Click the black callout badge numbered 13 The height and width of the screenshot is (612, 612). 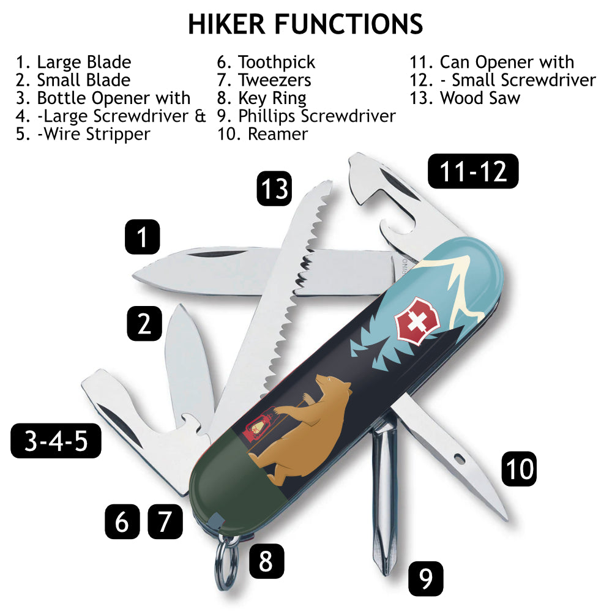[x=274, y=188]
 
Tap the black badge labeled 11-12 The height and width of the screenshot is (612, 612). [x=473, y=171]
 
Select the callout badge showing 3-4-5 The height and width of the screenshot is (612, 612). [x=56, y=441]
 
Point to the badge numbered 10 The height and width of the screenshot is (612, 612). [x=519, y=469]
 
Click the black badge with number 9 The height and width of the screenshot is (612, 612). [x=425, y=578]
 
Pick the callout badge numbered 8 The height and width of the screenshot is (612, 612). [x=266, y=561]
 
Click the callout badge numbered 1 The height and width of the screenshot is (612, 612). [x=143, y=237]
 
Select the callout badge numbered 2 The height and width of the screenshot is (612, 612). [x=144, y=323]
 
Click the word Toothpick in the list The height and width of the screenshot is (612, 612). [x=277, y=62]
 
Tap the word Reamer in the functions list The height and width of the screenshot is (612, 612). [x=277, y=133]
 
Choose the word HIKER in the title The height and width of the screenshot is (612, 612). [x=227, y=24]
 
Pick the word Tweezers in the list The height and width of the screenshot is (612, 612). [x=275, y=80]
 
